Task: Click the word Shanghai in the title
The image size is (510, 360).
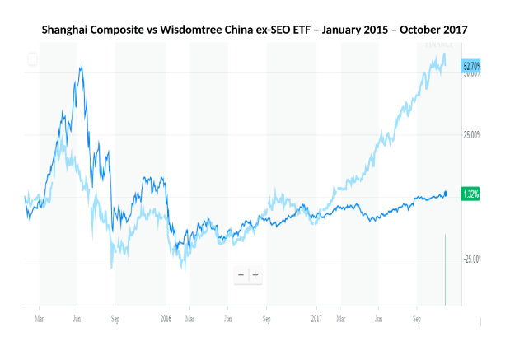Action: click(x=68, y=30)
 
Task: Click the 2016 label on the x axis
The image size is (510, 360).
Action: click(x=166, y=316)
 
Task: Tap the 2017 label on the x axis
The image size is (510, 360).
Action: click(x=317, y=316)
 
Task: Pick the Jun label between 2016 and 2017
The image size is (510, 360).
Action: click(x=227, y=316)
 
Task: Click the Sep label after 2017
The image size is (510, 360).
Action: click(x=417, y=316)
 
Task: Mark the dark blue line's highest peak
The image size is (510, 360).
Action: click(x=80, y=64)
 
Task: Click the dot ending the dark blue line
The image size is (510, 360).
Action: click(x=446, y=194)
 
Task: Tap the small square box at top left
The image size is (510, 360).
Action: click(x=31, y=58)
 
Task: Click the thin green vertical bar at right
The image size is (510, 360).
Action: click(x=445, y=269)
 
